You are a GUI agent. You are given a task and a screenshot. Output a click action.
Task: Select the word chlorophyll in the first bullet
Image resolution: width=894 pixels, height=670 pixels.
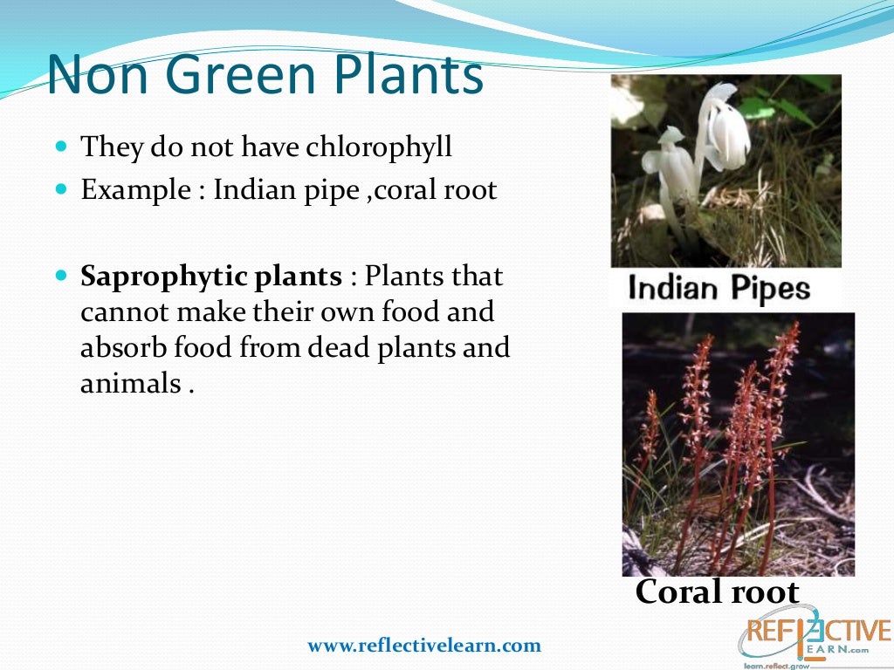pyautogui.click(x=379, y=147)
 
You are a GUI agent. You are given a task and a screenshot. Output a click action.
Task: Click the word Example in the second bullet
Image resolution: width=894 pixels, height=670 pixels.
pyautogui.click(x=132, y=190)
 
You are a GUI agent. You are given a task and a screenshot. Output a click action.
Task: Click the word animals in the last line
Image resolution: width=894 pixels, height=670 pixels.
pyautogui.click(x=130, y=382)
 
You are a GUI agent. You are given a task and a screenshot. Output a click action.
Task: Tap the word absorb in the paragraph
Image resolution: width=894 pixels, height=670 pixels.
pyautogui.click(x=118, y=347)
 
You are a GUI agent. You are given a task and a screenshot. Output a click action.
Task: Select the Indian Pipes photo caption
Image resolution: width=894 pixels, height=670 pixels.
pyautogui.click(x=719, y=289)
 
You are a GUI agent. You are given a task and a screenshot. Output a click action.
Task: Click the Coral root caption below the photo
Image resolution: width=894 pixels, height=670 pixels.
pyautogui.click(x=716, y=592)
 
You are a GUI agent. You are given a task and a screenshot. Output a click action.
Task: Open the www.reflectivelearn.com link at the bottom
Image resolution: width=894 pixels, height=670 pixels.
pyautogui.click(x=423, y=646)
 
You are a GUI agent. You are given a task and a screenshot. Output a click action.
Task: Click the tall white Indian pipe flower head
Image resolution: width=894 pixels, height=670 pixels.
pyautogui.click(x=727, y=131)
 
